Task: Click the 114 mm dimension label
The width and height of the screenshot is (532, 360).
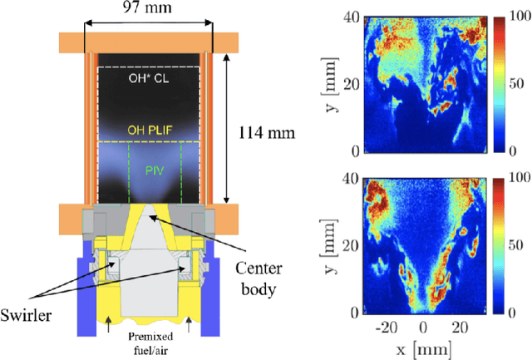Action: point(260,131)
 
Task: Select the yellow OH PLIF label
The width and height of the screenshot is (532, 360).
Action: point(149,130)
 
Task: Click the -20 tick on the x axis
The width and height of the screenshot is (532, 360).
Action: point(386,328)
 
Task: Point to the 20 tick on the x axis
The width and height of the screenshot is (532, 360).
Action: point(460,328)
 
